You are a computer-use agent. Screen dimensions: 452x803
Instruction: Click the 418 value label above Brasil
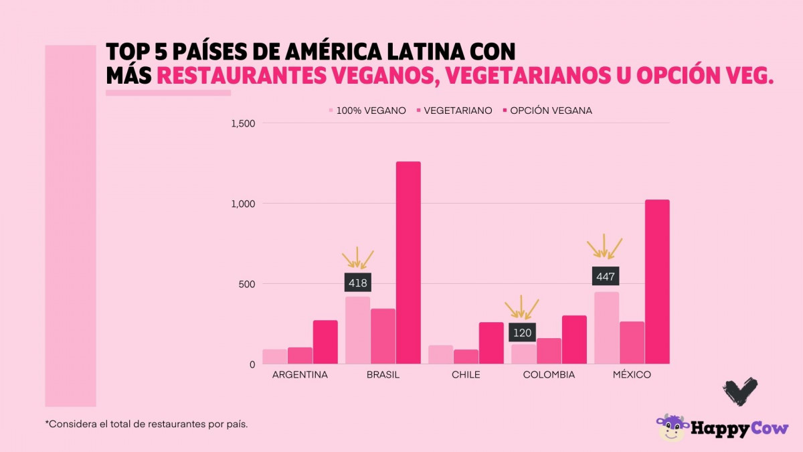point(357,283)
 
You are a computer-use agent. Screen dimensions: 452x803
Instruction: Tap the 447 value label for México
point(606,276)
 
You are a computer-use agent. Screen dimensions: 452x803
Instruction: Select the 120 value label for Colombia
point(522,333)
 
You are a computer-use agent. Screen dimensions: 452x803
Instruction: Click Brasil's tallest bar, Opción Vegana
point(408,262)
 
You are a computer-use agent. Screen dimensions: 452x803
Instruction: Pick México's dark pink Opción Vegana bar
point(657,281)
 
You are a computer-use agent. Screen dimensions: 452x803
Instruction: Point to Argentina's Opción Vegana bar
point(325,342)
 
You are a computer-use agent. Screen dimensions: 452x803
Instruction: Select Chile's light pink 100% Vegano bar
point(440,355)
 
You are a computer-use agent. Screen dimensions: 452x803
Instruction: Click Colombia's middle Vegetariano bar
point(549,351)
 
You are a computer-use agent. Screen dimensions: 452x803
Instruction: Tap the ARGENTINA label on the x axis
point(300,375)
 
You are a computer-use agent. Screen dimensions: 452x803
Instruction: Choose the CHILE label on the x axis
point(466,375)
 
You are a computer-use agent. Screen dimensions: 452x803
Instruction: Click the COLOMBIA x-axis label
point(549,375)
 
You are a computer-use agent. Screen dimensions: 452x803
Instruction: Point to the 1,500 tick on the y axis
point(243,123)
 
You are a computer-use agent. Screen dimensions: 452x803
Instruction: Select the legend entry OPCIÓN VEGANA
point(551,110)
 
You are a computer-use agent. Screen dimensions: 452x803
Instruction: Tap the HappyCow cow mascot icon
point(671,428)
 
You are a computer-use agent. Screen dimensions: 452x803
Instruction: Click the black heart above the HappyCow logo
point(740,391)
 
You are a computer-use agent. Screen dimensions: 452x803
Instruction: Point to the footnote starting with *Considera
point(147,424)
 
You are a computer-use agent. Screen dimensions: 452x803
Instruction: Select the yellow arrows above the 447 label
point(604,246)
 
